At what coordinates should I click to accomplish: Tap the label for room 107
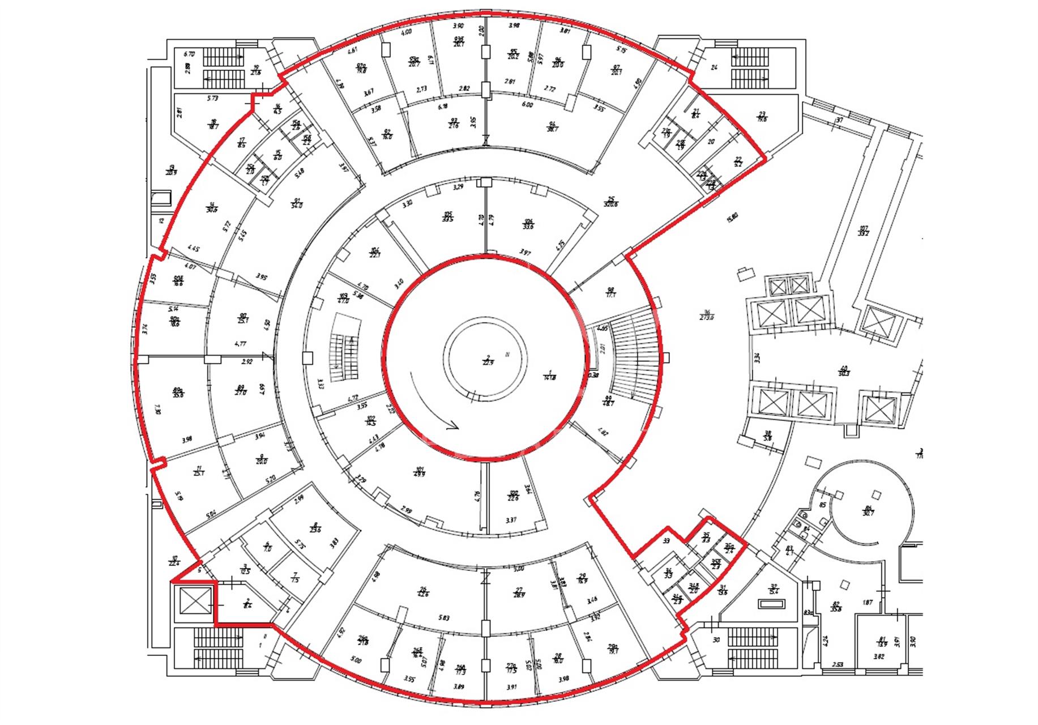(863, 231)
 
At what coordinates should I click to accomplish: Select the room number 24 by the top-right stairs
(714, 67)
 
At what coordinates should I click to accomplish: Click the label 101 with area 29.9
(420, 471)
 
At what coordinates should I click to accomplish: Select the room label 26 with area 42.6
(422, 591)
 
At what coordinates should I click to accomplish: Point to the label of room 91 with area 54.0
(296, 203)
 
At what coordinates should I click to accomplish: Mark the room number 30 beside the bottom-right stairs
(716, 640)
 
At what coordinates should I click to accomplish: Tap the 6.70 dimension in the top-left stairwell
(189, 54)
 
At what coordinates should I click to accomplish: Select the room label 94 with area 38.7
(553, 126)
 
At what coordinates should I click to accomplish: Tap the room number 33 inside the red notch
(667, 541)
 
